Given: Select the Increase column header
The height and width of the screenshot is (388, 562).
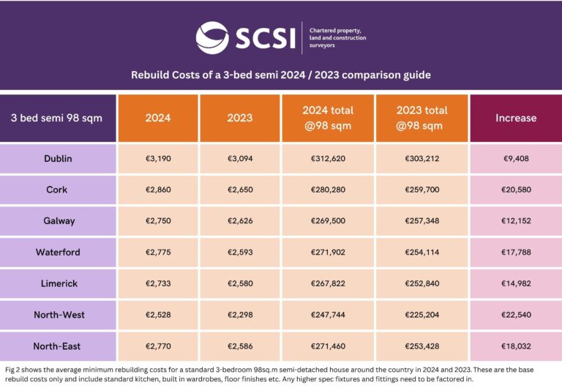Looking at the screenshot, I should [515, 118].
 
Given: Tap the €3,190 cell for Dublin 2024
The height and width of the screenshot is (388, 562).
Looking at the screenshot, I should [157, 158].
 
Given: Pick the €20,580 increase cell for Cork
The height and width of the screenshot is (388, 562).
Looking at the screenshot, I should [515, 190].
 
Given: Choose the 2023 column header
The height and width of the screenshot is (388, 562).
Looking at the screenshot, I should [240, 118].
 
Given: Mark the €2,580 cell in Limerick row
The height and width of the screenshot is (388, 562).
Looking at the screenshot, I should [240, 284].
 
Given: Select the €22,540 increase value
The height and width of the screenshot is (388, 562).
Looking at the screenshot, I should [515, 315].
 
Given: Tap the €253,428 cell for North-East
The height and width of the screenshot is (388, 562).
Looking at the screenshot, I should [421, 346].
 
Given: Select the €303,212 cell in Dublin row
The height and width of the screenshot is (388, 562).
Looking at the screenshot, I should [421, 158].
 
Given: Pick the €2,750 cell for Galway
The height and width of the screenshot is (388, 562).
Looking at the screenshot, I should [157, 221].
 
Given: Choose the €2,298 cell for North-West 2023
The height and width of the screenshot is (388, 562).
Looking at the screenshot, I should [240, 315].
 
